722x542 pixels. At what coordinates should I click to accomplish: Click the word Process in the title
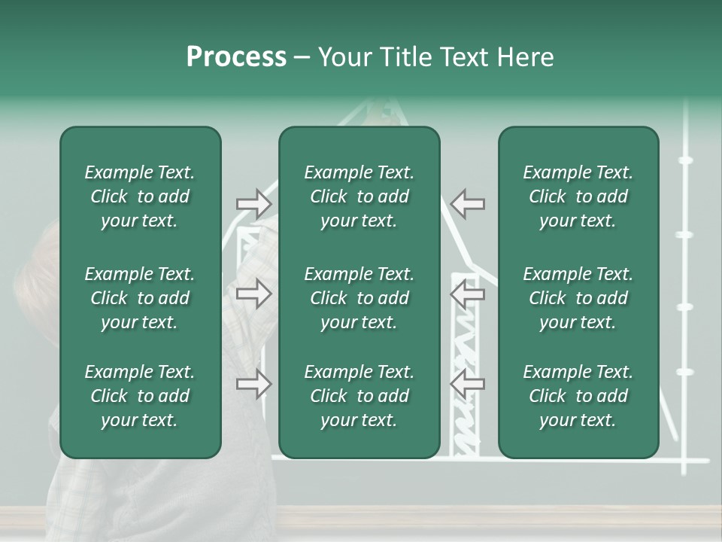(236, 57)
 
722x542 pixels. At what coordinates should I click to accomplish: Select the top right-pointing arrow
(253, 203)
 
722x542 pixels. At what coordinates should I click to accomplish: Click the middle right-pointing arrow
(253, 294)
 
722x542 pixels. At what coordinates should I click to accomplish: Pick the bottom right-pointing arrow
(253, 384)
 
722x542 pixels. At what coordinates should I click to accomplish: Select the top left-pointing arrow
(468, 203)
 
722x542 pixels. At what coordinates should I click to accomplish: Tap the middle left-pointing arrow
(468, 294)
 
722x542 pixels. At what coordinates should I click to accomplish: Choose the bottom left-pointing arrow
(468, 384)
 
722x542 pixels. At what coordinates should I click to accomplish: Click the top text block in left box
(140, 196)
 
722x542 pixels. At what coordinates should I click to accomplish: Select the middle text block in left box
(140, 298)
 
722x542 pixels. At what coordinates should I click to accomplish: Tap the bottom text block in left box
(140, 396)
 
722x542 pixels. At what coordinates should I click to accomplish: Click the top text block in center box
(359, 196)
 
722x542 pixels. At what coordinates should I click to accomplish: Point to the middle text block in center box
(359, 298)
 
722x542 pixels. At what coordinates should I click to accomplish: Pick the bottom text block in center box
(359, 396)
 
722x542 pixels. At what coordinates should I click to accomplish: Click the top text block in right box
(578, 196)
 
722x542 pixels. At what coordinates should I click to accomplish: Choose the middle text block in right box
(578, 298)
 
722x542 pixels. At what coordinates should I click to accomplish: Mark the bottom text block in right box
(578, 396)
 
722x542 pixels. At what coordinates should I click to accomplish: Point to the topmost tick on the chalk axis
(685, 160)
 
